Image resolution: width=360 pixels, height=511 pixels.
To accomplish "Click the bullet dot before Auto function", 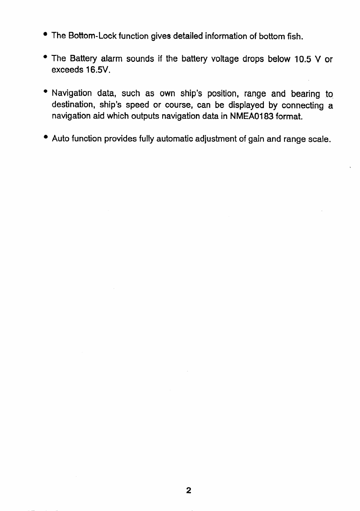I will click(45, 138).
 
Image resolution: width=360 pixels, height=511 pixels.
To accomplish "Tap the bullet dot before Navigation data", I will click(45, 92).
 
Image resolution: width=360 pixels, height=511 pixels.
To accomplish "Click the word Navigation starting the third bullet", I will click(72, 94).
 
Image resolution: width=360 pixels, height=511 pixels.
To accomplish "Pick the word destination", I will click(74, 105).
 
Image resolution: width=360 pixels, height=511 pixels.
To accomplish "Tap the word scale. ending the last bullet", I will click(318, 139).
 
